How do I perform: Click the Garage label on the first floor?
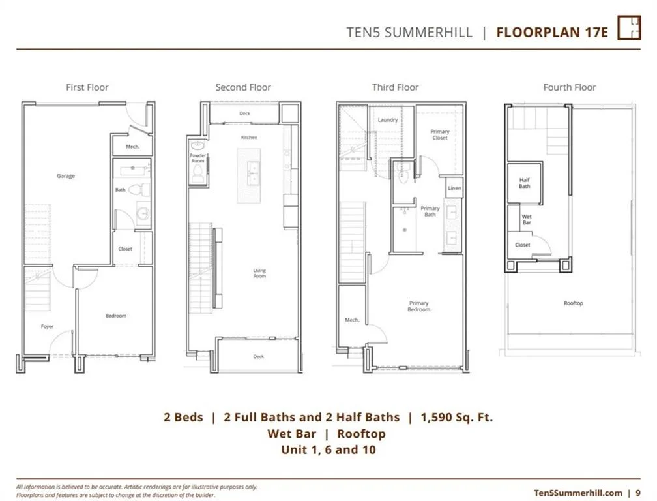(x=66, y=176)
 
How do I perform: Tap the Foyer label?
(x=47, y=326)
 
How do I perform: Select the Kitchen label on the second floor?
(x=249, y=138)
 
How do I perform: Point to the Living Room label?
(x=259, y=273)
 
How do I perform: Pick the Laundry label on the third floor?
(x=388, y=120)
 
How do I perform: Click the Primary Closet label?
(x=439, y=134)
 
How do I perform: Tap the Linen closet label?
(x=454, y=189)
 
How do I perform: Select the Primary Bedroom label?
(x=418, y=306)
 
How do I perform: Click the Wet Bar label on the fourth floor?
(x=527, y=220)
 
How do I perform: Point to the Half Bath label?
(x=524, y=183)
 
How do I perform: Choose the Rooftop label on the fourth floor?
(x=573, y=303)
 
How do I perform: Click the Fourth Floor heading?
(x=570, y=87)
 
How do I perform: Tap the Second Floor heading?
(x=243, y=87)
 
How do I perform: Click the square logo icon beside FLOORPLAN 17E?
(x=629, y=27)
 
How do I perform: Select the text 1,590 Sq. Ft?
(x=457, y=417)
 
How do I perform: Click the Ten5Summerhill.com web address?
(x=578, y=493)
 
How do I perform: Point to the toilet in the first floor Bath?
(x=139, y=189)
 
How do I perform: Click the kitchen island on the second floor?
(x=248, y=175)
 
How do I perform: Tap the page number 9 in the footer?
(x=638, y=493)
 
